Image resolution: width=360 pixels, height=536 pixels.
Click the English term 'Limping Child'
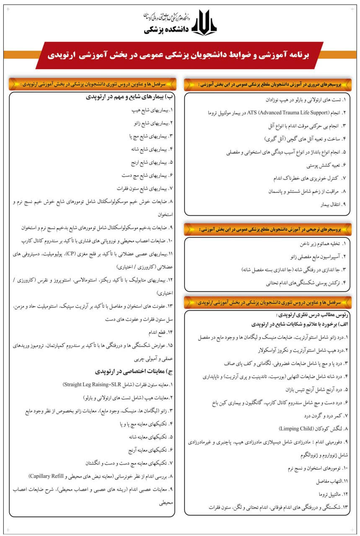click(298, 429)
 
